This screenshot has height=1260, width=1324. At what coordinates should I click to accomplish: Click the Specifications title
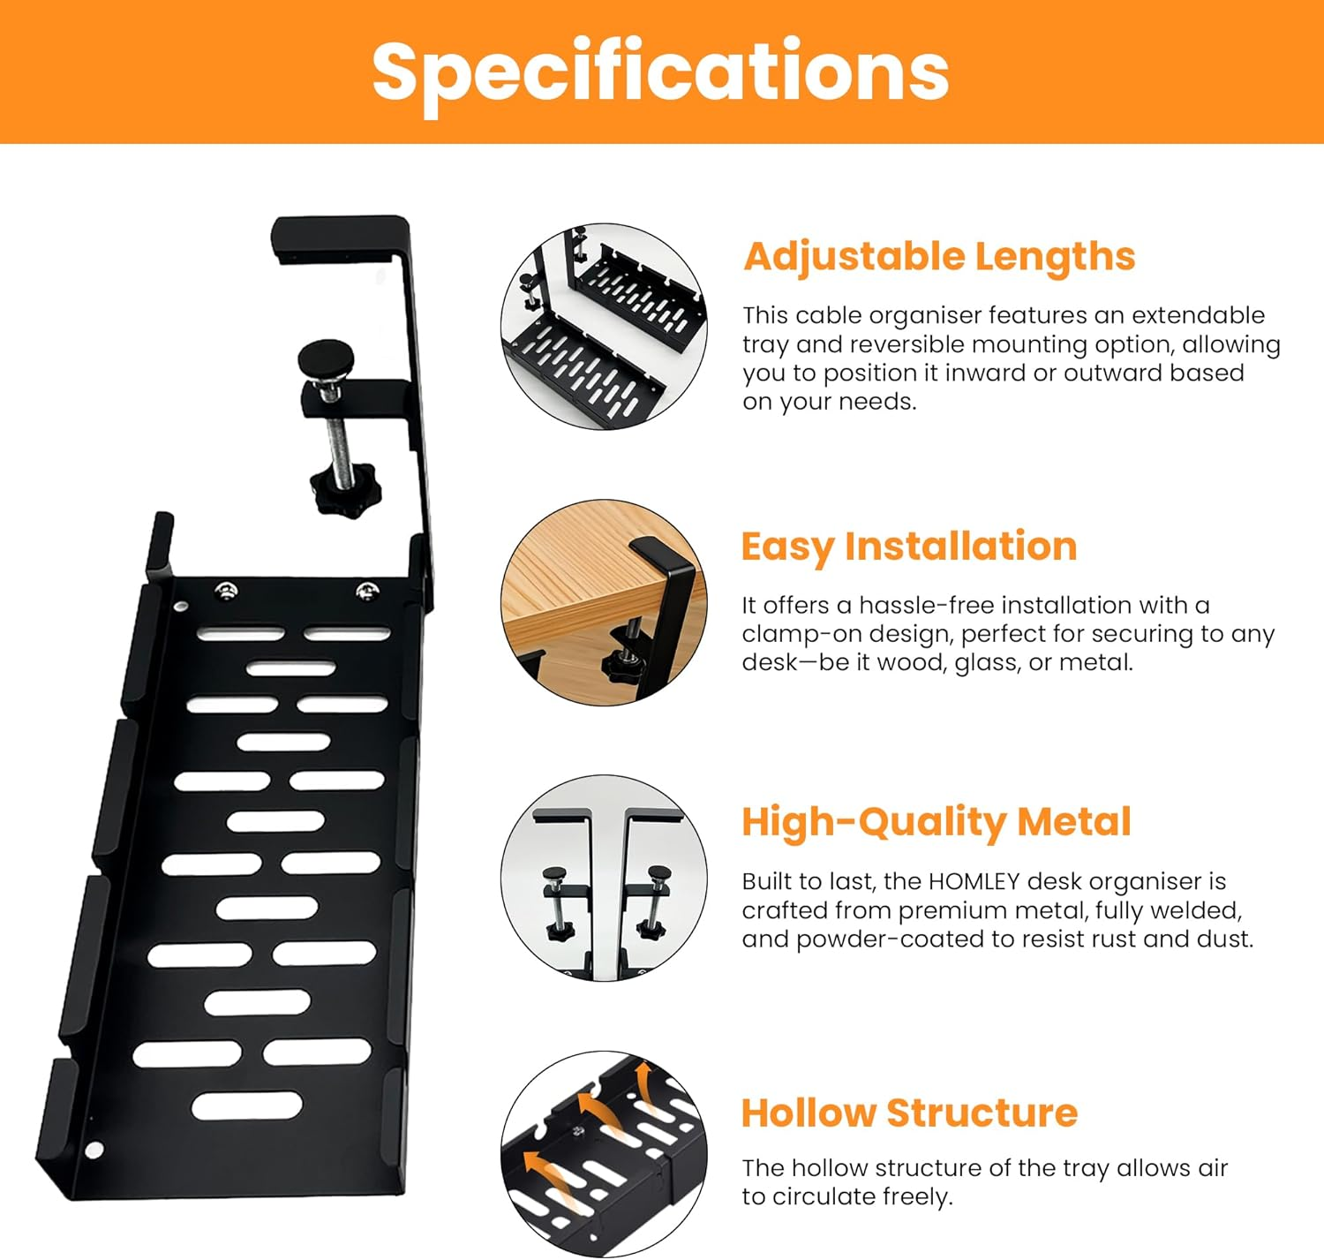pyautogui.click(x=660, y=72)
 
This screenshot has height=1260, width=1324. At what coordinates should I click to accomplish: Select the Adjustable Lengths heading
pyautogui.click(x=939, y=257)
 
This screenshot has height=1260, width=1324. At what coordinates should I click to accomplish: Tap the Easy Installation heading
pyautogui.click(x=909, y=547)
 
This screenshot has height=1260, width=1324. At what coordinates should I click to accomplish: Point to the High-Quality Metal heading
pyautogui.click(x=936, y=822)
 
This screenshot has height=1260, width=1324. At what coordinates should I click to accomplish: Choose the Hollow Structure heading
pyautogui.click(x=909, y=1113)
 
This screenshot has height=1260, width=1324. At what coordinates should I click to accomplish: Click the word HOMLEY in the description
pyautogui.click(x=974, y=881)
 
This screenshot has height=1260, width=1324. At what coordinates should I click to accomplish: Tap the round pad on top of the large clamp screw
pyautogui.click(x=325, y=358)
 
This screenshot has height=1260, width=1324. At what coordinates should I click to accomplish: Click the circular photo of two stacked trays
pyautogui.click(x=604, y=327)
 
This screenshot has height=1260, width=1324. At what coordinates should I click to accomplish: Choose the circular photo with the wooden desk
pyautogui.click(x=604, y=602)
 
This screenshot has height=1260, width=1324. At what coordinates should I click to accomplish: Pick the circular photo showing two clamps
pyautogui.click(x=604, y=878)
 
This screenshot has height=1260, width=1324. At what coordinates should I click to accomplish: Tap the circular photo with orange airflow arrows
pyautogui.click(x=604, y=1152)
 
